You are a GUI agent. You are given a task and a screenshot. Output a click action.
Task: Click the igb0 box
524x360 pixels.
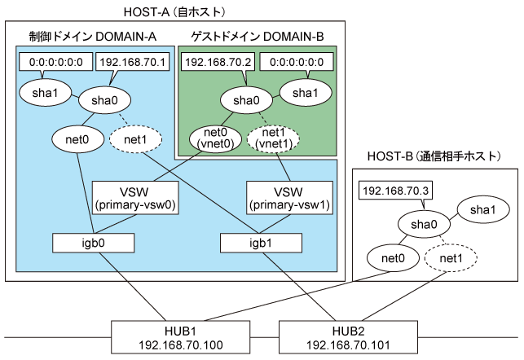[93, 243]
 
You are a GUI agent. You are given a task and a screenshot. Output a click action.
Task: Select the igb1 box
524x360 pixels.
[261, 243]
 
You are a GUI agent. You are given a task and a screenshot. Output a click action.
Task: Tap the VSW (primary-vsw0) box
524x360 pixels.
[135, 198]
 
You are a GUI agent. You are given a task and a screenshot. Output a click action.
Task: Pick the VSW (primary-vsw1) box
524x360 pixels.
[289, 198]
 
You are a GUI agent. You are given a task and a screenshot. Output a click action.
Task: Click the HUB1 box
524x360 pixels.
[180, 337]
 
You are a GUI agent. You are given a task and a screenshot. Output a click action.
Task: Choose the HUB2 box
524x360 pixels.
[348, 337]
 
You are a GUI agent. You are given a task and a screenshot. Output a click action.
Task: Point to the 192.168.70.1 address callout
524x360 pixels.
[132, 62]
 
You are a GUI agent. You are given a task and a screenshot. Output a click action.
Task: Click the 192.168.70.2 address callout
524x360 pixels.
[218, 62]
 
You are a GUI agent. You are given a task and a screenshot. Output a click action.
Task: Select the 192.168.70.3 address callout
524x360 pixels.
[396, 191]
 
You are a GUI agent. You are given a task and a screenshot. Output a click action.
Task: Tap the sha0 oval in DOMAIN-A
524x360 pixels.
[104, 100]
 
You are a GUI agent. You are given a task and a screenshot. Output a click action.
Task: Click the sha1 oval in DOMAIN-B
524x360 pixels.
[306, 93]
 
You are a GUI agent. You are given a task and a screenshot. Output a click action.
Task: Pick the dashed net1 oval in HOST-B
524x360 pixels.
[451, 258]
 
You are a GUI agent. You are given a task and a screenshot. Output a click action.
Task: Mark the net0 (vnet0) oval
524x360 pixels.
[215, 138]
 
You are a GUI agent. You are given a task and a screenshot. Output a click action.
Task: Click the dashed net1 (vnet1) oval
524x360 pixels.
[273, 138]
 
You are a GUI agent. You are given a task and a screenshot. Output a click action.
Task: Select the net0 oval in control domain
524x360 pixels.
[77, 139]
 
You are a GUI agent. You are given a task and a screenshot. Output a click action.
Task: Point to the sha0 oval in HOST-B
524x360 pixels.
[424, 224]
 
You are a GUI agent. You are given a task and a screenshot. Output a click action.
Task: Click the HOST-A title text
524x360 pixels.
[174, 12]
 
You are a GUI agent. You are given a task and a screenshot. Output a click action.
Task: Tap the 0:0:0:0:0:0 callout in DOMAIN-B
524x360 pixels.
[297, 62]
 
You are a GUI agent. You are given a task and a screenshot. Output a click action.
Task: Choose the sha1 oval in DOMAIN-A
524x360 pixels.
[45, 93]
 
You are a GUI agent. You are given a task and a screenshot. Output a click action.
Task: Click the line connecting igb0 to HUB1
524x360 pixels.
[132, 287]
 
